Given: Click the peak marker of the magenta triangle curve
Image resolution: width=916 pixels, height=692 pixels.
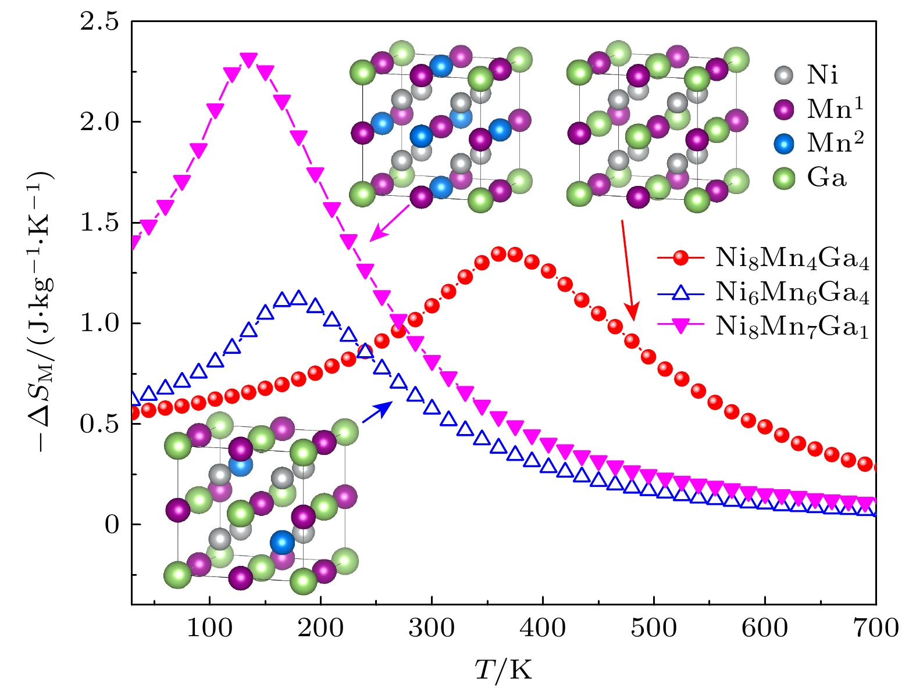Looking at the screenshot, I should (x=249, y=60).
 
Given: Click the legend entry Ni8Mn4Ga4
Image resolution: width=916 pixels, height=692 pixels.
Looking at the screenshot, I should (x=792, y=257).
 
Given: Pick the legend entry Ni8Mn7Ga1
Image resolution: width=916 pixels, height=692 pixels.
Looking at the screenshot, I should (x=792, y=327).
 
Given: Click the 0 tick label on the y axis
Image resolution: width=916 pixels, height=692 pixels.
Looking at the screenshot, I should (x=112, y=525).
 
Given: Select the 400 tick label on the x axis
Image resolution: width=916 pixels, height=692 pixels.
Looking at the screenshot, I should (x=543, y=628).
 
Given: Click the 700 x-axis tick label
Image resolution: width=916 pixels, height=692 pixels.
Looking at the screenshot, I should (x=875, y=628).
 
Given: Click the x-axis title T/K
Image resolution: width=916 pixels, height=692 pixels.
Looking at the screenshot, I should (x=503, y=669).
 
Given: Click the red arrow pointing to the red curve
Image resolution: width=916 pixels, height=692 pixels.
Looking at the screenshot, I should (x=629, y=271).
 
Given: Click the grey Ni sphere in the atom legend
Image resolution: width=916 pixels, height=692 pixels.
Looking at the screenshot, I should (x=785, y=75).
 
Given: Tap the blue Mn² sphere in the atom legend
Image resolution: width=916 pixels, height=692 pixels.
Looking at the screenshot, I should (x=785, y=143).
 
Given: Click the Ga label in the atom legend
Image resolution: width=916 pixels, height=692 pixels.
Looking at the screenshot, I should (x=826, y=178).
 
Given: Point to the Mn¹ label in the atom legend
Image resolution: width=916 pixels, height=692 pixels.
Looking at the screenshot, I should (x=835, y=109).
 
